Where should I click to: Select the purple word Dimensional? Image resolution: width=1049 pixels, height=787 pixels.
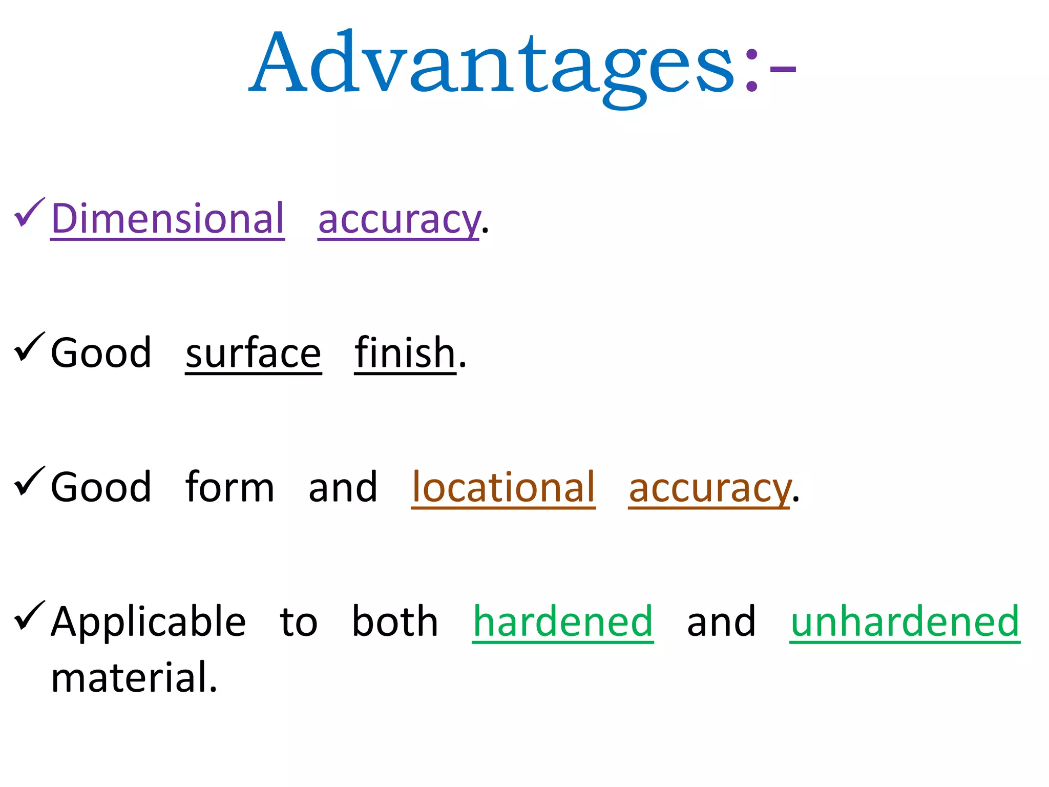(x=167, y=219)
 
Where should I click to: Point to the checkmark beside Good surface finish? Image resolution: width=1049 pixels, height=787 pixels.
(x=29, y=347)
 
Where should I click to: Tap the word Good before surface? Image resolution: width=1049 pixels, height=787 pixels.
(x=101, y=353)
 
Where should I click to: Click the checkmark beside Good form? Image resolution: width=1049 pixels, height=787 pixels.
(x=29, y=481)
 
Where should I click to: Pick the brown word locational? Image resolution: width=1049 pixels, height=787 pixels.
(x=503, y=487)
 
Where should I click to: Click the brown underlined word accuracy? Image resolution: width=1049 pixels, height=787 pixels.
(x=709, y=489)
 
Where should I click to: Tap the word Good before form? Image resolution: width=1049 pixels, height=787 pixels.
(x=101, y=487)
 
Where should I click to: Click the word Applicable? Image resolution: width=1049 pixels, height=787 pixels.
(x=149, y=622)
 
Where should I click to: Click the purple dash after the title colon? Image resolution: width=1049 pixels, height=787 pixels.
(x=783, y=69)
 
